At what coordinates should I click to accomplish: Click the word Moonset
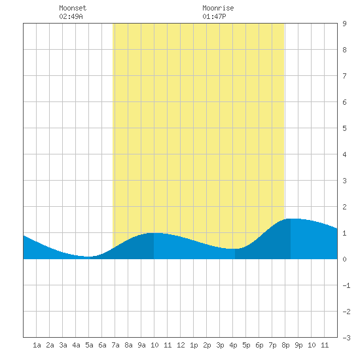coord(73,8)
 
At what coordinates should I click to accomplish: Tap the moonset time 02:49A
coord(71,16)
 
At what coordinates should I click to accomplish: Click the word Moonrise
coord(218,8)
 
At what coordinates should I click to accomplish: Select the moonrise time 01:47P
coord(214,16)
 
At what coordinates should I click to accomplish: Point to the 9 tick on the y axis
coord(344,24)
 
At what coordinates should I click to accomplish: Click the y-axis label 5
coord(344,128)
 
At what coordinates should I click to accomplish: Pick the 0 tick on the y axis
coord(344,259)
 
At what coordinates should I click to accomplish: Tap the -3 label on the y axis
coord(346,338)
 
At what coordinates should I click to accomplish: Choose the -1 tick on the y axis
coord(346,285)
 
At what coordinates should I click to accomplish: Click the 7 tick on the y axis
coord(344,76)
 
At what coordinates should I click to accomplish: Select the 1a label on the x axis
coord(37,345)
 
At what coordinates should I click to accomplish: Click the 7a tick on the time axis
coord(115,345)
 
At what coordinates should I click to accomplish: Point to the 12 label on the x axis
coord(181,345)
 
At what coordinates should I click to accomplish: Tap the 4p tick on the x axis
coord(233,345)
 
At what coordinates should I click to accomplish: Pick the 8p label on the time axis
coord(285,345)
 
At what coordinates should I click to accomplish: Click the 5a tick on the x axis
coord(89,345)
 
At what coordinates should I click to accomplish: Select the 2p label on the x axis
coord(207,345)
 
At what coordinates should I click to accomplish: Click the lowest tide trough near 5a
coord(88,257)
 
